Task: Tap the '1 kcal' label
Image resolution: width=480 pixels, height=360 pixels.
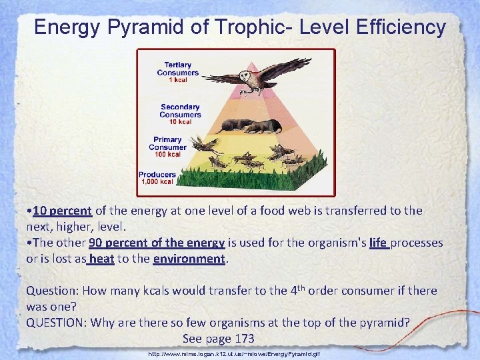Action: [177, 80]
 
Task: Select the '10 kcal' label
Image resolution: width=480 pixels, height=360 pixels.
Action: [180, 121]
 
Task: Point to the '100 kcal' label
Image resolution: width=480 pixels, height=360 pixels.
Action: [167, 155]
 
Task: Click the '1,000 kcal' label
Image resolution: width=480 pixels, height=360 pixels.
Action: [157, 181]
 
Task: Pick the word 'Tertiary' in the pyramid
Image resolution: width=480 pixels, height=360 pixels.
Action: [178, 65]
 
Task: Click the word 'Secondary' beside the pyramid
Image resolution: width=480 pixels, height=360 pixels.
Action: [180, 107]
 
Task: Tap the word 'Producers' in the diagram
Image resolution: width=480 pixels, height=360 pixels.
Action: [157, 174]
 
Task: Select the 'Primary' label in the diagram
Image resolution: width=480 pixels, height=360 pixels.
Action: [167, 140]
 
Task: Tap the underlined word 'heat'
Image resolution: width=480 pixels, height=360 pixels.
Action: [100, 258]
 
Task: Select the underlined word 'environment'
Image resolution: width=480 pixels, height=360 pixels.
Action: [189, 258]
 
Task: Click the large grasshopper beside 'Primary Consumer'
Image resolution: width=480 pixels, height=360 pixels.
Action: [207, 145]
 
